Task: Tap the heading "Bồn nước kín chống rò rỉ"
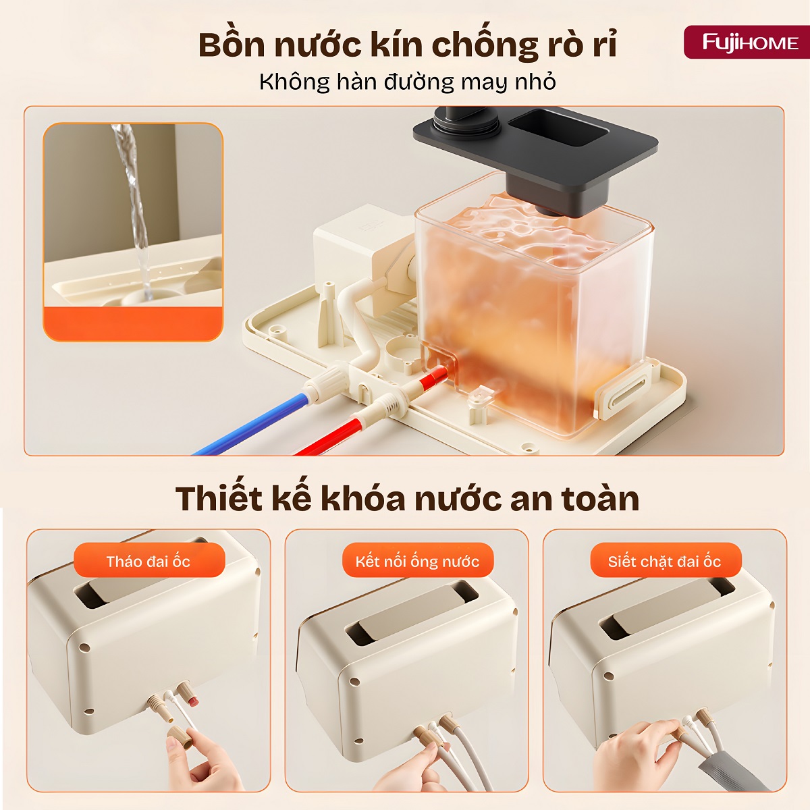(407, 45)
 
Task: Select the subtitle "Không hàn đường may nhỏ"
(407, 82)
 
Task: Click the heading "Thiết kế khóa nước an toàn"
(407, 499)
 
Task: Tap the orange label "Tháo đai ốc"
(148, 561)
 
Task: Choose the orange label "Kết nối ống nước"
(417, 561)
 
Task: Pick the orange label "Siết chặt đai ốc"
(664, 561)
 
